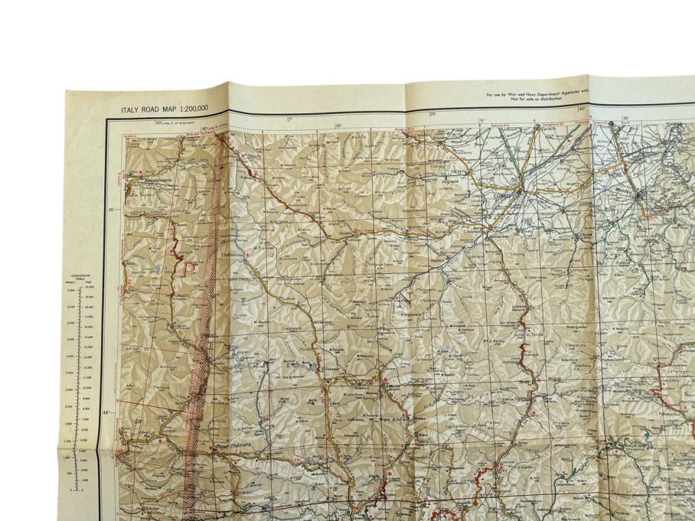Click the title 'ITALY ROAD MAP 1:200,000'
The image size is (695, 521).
pyautogui.click(x=164, y=109)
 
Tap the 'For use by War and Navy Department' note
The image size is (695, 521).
pyautogui.click(x=537, y=96)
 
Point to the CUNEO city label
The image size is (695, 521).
pyautogui.click(x=503, y=193)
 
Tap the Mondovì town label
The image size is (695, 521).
pyautogui.click(x=626, y=191)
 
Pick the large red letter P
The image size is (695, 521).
pyautogui.click(x=190, y=269)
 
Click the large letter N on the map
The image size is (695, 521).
pyautogui.click(x=406, y=300)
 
